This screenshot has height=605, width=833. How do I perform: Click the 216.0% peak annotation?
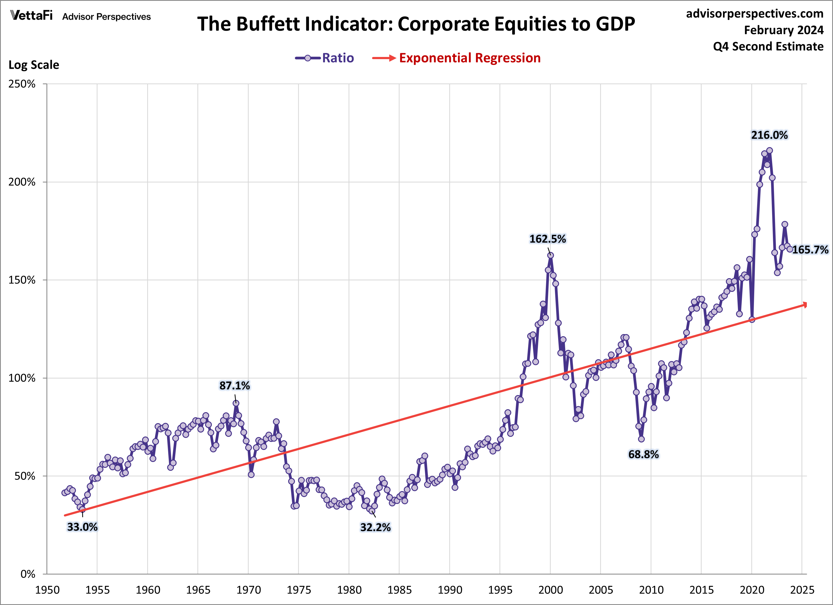[769, 135]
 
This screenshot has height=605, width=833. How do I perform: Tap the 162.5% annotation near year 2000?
[547, 239]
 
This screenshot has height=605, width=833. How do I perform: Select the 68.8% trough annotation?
[643, 455]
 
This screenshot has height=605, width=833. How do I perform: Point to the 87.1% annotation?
[234, 386]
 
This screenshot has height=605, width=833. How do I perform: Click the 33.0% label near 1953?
[82, 527]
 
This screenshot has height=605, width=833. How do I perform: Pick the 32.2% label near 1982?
[375, 527]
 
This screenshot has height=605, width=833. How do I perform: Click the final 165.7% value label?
[810, 250]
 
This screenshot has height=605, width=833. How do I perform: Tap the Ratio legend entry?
[325, 58]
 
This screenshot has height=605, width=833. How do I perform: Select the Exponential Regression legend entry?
[456, 58]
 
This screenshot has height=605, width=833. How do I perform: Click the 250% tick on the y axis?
[22, 84]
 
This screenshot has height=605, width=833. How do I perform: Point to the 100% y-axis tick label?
[22, 378]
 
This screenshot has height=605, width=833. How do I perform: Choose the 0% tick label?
[28, 574]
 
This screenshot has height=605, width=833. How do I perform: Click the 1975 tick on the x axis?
[299, 590]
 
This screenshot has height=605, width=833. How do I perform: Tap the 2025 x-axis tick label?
[802, 590]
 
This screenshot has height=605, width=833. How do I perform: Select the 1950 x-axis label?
[47, 590]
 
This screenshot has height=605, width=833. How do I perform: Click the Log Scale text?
[34, 65]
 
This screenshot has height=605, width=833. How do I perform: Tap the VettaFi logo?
[32, 16]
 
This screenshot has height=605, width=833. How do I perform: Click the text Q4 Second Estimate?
[768, 47]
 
